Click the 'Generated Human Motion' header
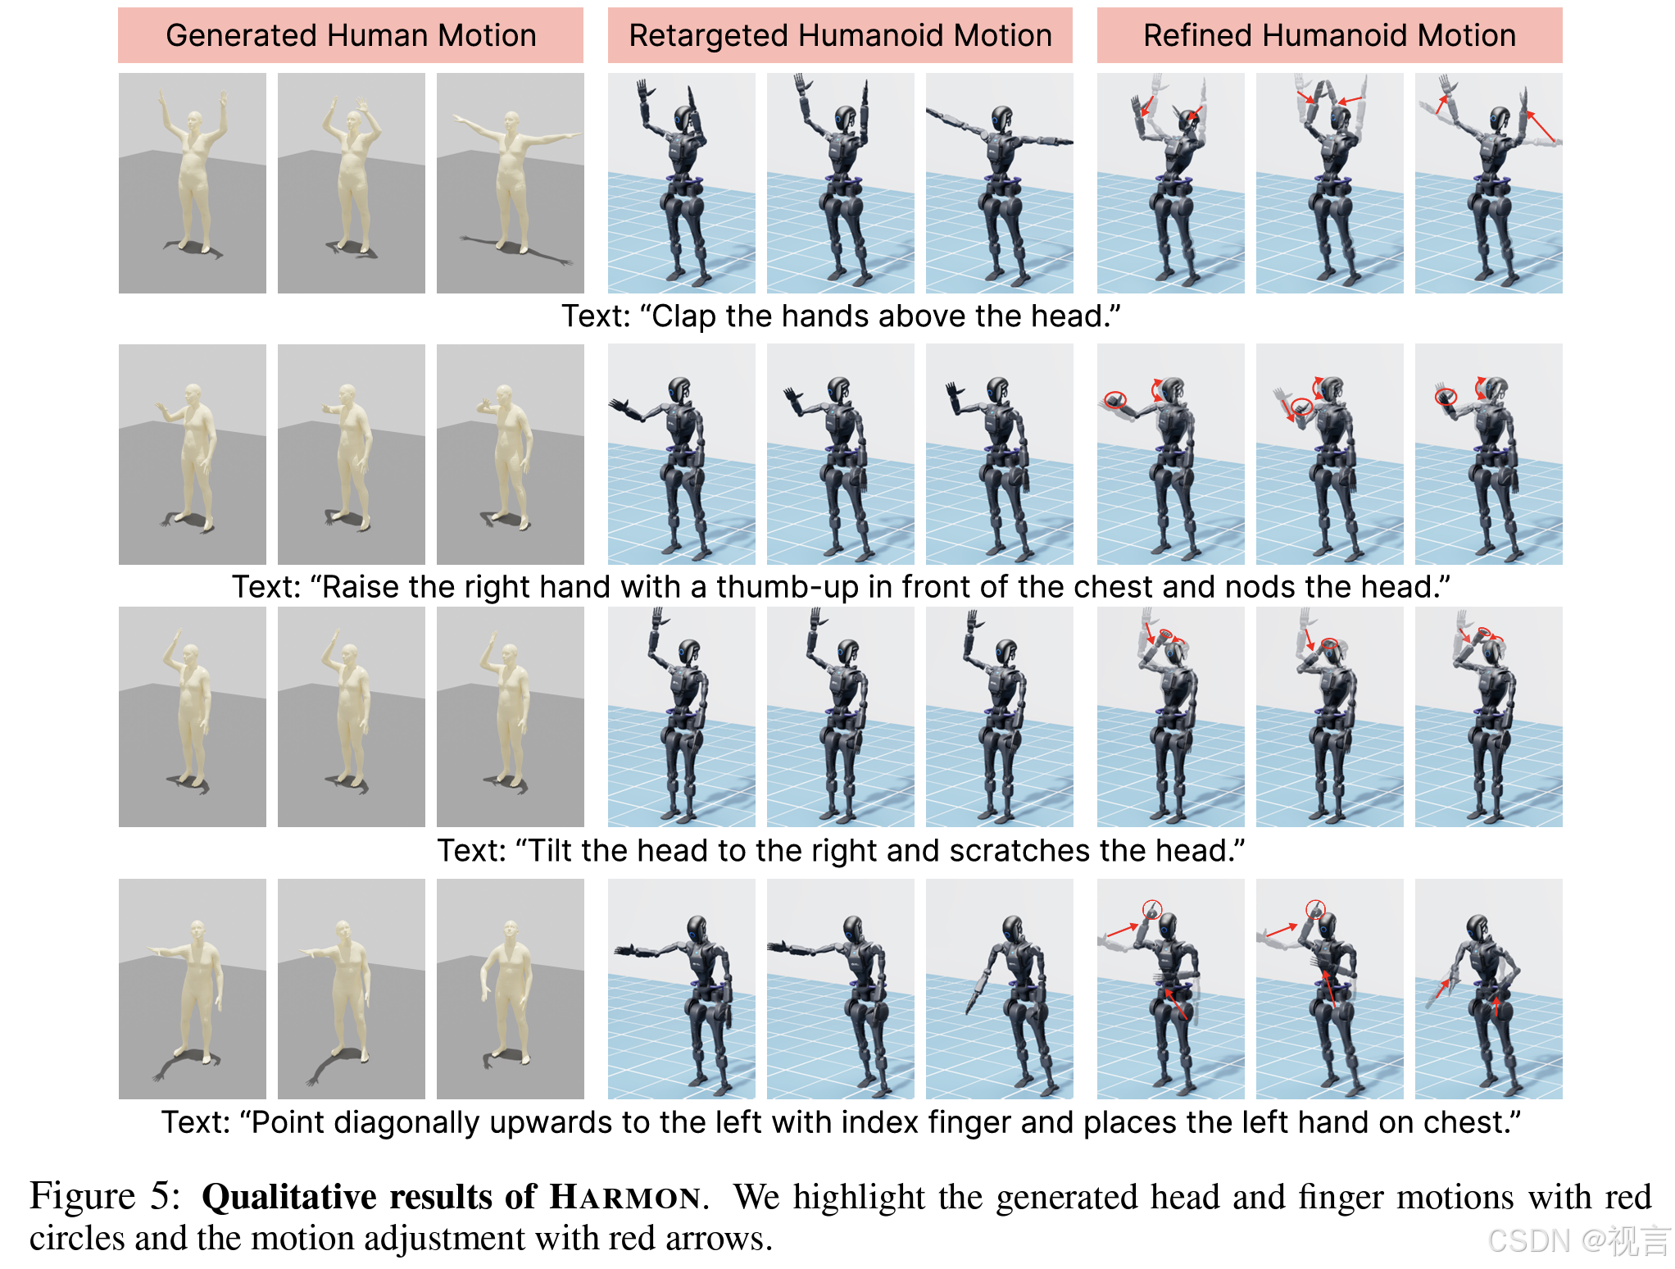[x=351, y=35]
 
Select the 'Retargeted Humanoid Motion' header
[x=840, y=35]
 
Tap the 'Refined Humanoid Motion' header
[x=1329, y=35]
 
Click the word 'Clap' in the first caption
[x=684, y=316]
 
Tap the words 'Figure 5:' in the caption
[x=105, y=1196]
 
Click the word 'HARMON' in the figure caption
[x=626, y=1197]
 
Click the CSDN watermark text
[x=1578, y=1240]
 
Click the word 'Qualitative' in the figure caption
[x=290, y=1197]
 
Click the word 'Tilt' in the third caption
[x=549, y=851]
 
